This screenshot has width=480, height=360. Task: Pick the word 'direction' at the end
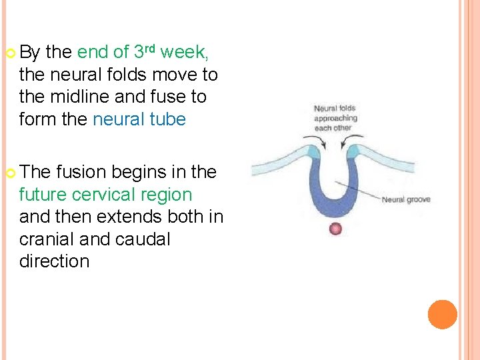click(54, 261)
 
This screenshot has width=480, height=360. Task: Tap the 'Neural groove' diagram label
click(405, 199)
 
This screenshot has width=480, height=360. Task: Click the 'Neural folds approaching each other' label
click(335, 118)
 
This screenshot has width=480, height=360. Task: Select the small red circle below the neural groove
click(335, 229)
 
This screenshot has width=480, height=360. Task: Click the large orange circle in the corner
click(442, 315)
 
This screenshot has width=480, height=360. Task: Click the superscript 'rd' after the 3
click(151, 47)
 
